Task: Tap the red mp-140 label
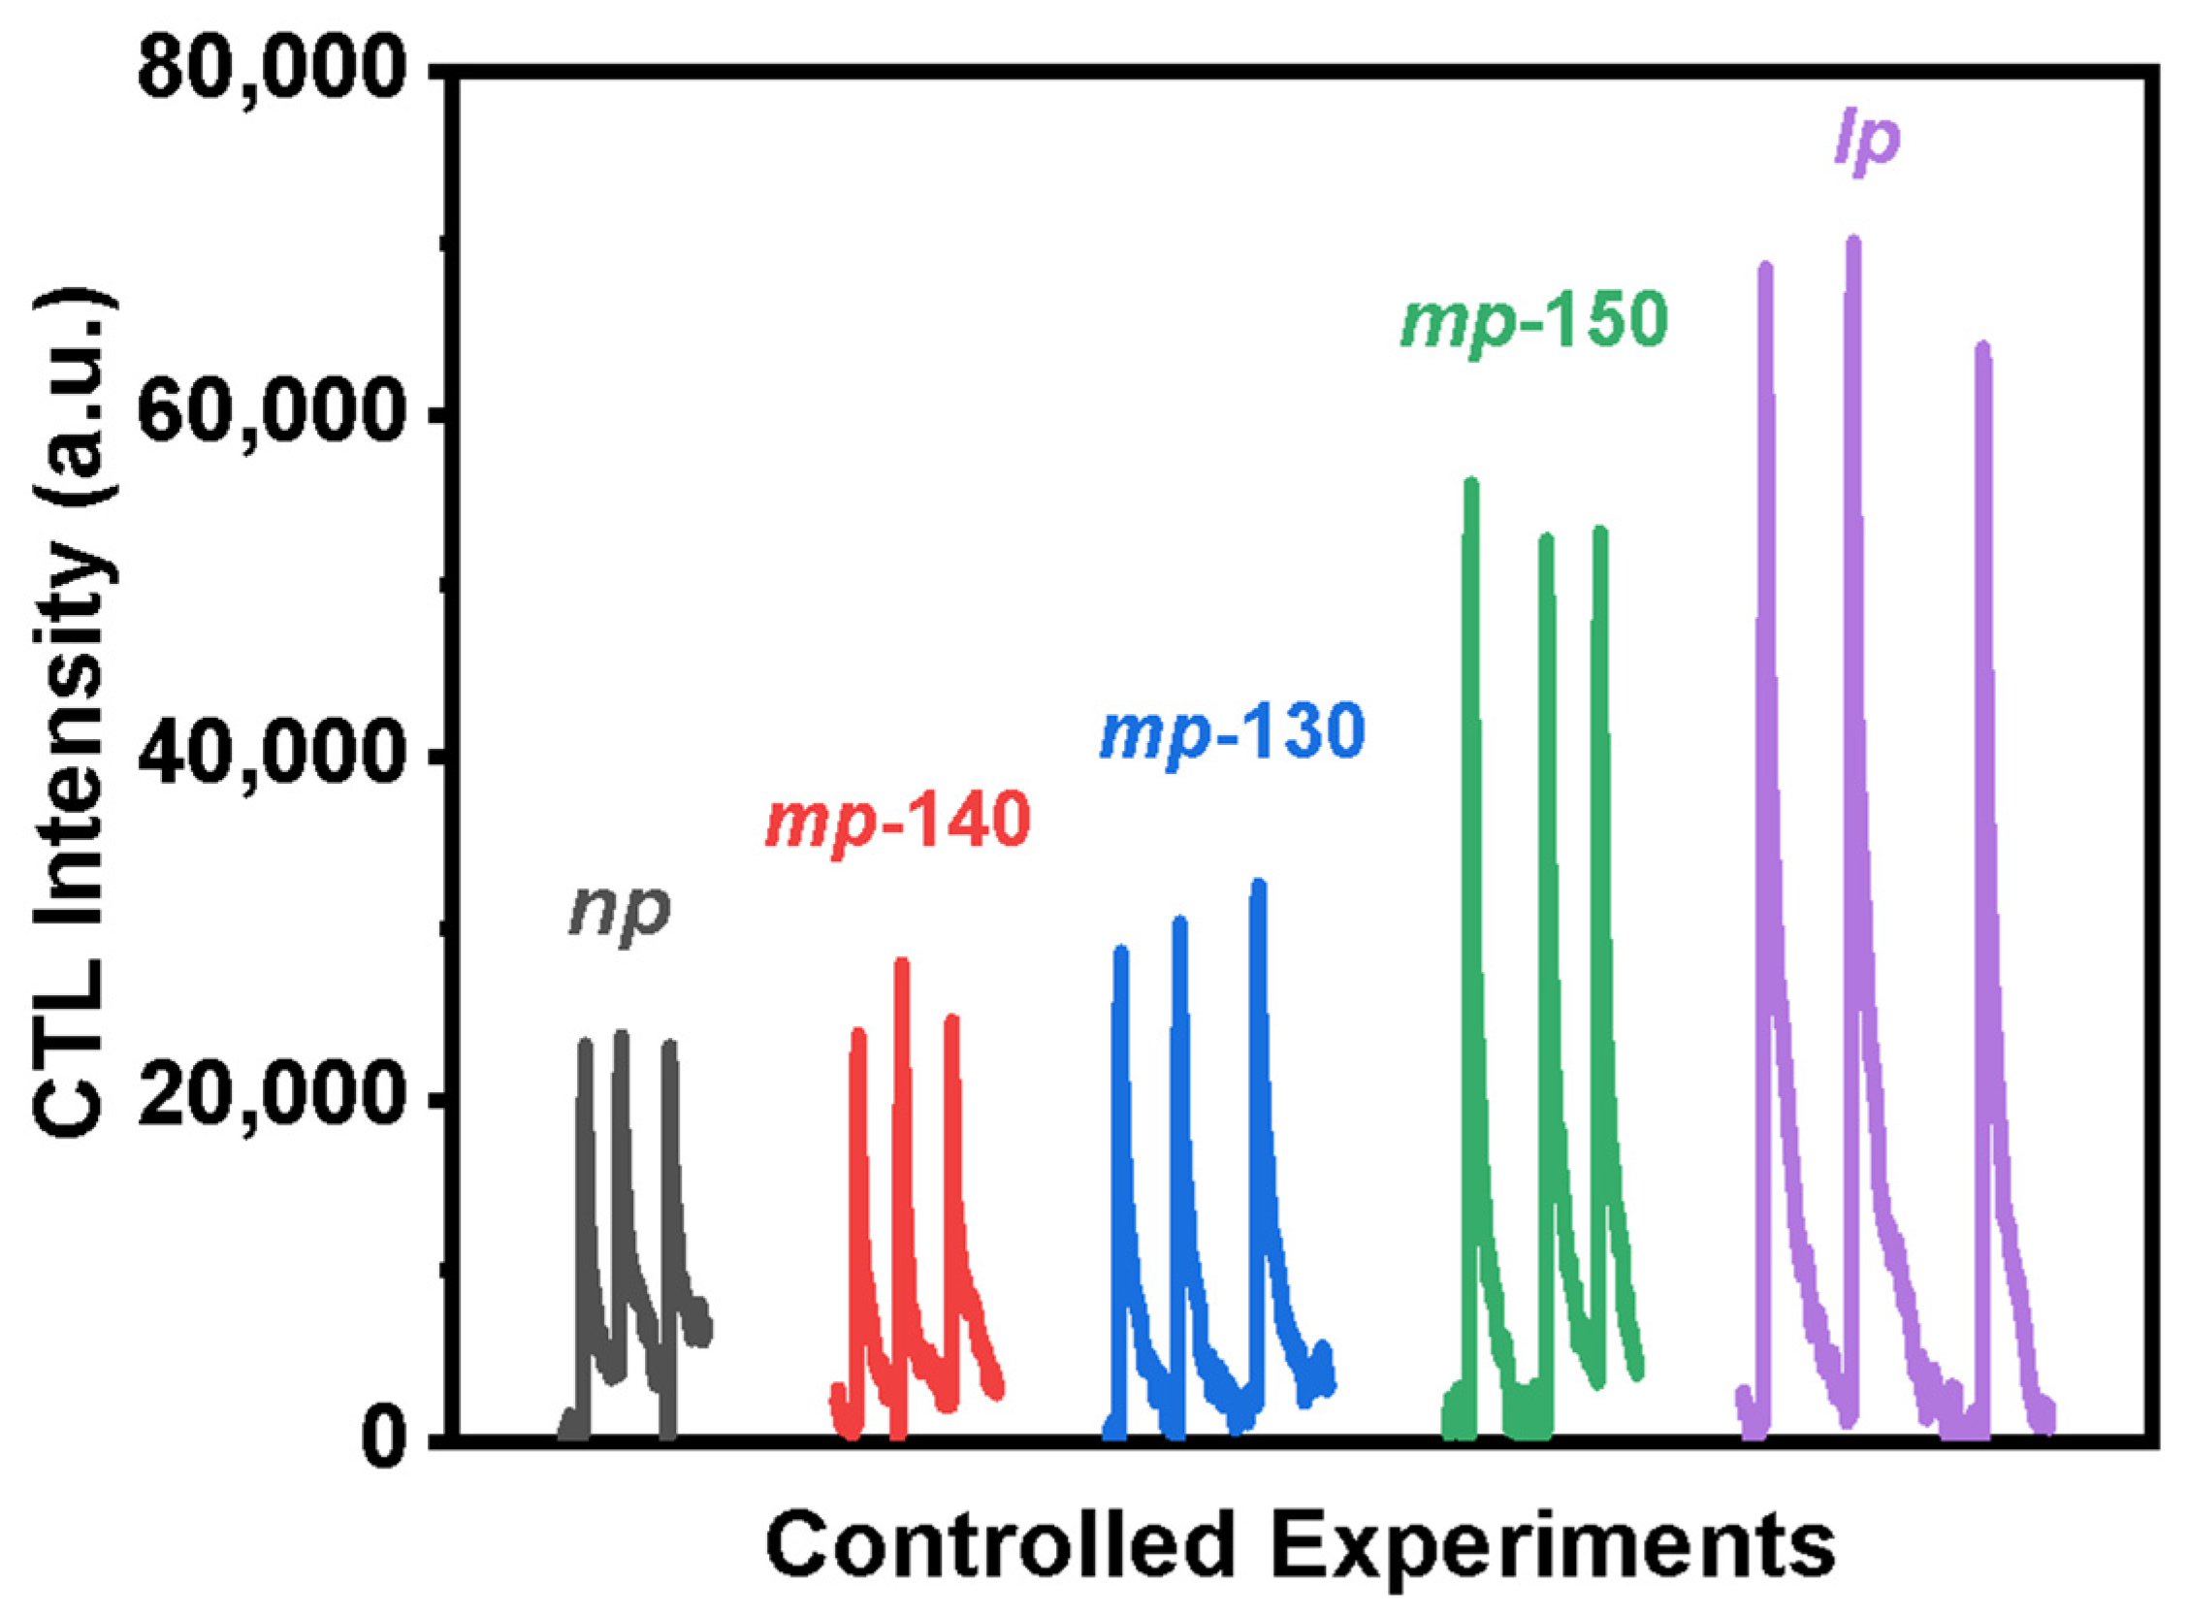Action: coord(897,823)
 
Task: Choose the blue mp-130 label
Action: coord(1232,733)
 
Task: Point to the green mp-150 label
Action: coord(1533,322)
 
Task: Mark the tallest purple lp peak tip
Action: coord(1852,242)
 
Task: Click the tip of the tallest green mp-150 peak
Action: coord(1471,482)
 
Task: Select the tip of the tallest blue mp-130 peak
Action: coord(1259,884)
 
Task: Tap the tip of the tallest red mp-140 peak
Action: coord(902,962)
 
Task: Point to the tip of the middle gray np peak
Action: coord(621,1034)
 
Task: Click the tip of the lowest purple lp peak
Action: coord(1982,347)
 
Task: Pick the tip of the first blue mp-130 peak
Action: coord(1122,951)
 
